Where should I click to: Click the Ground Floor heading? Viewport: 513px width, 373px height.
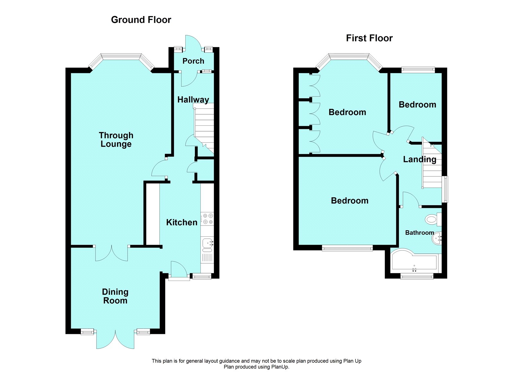click(x=141, y=20)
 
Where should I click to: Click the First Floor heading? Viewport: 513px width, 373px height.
click(x=369, y=38)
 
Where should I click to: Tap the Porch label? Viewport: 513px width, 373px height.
click(x=193, y=61)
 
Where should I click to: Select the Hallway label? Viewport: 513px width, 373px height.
click(x=193, y=100)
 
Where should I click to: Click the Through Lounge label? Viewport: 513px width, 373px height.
click(x=116, y=140)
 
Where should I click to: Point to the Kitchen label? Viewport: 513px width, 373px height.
click(x=181, y=222)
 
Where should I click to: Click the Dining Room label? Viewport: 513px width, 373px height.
click(x=115, y=296)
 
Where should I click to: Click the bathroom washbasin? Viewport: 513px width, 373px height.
click(x=437, y=238)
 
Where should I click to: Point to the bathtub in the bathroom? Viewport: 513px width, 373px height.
click(x=414, y=262)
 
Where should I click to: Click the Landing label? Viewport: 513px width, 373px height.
click(x=419, y=159)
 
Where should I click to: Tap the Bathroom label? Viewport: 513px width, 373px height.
click(x=419, y=233)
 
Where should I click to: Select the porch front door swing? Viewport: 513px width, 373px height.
click(x=193, y=42)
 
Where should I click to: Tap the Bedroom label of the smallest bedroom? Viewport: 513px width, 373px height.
click(x=417, y=105)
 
